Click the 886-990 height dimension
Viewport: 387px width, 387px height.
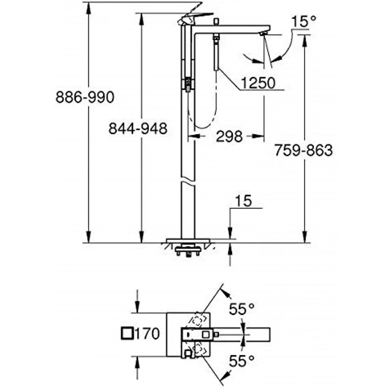85,97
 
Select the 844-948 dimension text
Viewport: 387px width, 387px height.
138,129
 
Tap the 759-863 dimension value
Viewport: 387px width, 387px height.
303,150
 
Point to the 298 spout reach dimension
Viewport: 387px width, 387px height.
229,136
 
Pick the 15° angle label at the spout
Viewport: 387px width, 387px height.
304,22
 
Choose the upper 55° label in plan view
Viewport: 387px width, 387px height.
242,309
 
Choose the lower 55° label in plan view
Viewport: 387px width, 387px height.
242,361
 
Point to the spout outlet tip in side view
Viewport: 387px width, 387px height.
262,34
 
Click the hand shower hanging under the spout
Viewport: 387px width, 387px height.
216,53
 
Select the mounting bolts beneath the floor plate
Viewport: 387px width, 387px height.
188,252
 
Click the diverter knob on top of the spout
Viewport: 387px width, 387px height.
215,22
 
